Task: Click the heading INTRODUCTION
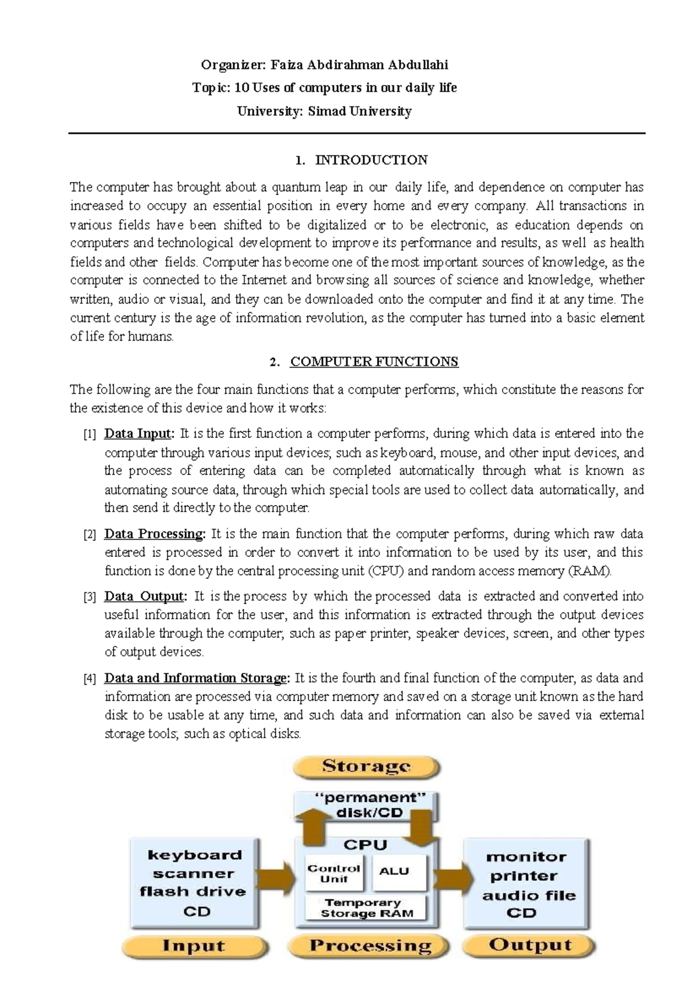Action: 371,160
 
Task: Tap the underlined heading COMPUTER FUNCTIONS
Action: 374,362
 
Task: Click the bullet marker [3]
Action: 90,597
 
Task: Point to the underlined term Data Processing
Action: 154,534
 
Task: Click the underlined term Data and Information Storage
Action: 197,678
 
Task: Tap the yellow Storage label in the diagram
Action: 366,766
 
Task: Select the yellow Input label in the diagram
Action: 194,945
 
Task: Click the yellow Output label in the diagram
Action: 530,945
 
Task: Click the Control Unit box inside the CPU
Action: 334,873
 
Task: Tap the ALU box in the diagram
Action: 394,871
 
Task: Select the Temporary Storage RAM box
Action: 366,908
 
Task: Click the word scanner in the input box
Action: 194,873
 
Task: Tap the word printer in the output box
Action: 523,876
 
